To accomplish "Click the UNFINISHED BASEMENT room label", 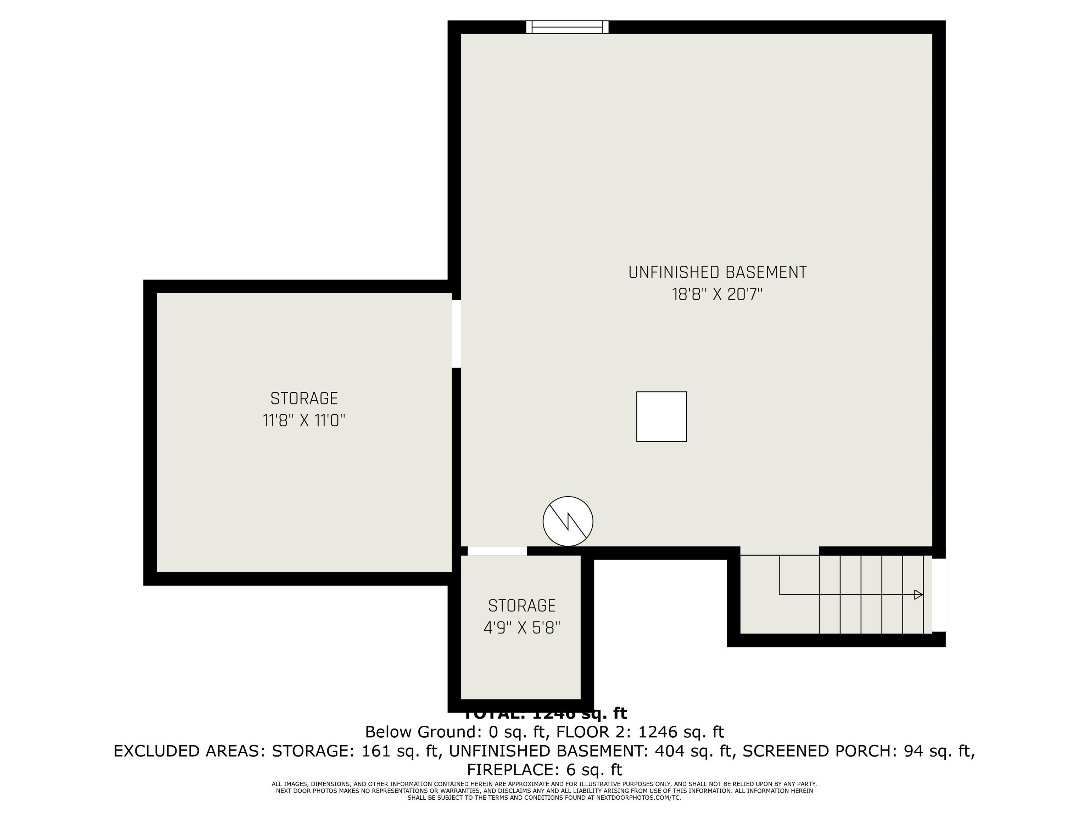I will (717, 272).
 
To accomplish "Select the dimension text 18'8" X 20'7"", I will (717, 295).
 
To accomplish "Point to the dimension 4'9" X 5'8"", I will (522, 628).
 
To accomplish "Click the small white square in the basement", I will (661, 416).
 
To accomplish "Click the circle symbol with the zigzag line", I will (568, 521).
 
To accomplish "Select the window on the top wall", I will (567, 27).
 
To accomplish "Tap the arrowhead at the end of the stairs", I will (918, 595).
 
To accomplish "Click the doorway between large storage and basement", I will (456, 334).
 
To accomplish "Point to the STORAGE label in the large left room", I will (304, 398).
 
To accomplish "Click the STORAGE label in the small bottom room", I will (522, 606).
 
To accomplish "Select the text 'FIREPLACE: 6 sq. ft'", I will (544, 769).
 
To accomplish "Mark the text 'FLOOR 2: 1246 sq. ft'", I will (640, 732).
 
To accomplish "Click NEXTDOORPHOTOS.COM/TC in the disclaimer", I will (638, 798).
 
